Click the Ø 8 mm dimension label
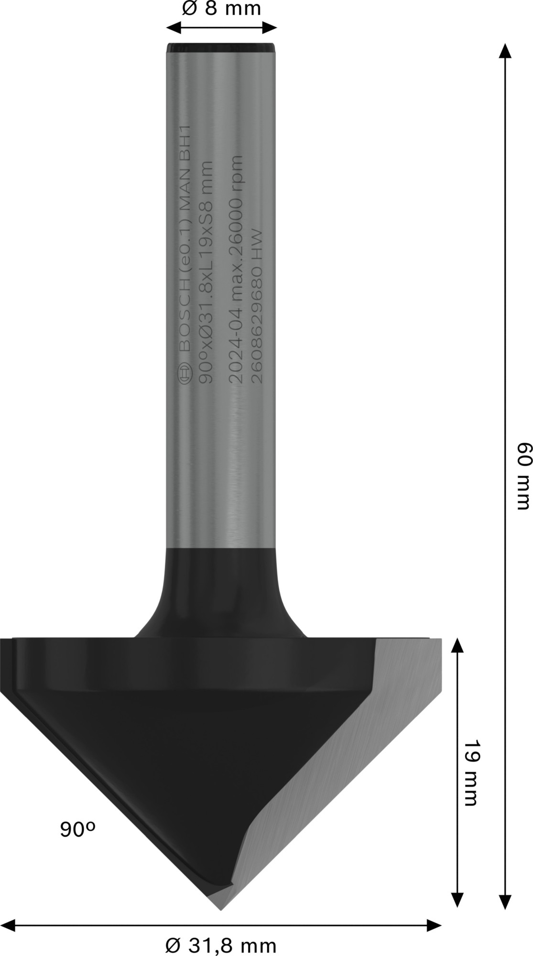coord(222,9)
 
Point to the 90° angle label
coord(78,829)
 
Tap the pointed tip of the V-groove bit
coord(221,909)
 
